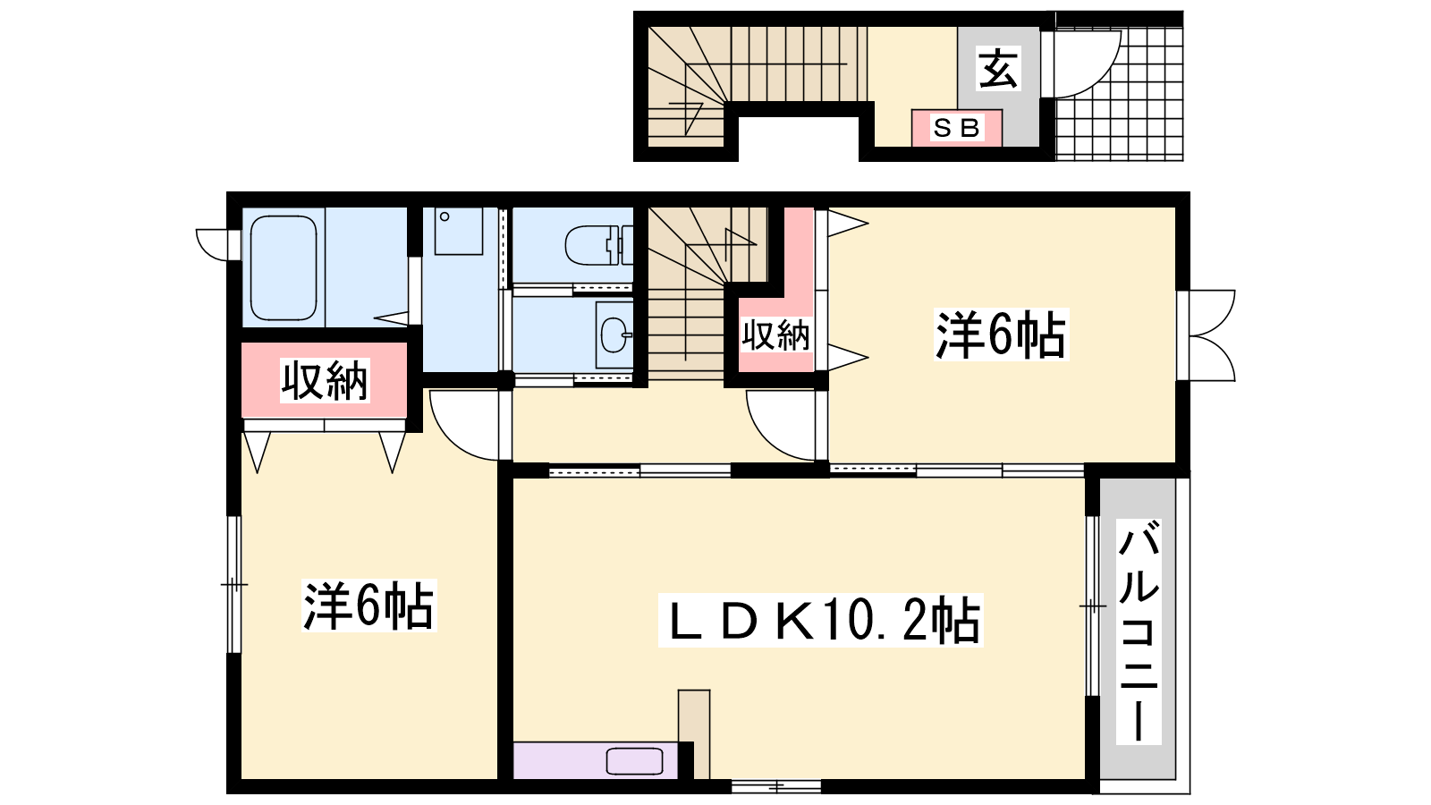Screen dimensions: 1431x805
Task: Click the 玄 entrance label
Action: [998, 68]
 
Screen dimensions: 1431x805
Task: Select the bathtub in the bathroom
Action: [284, 267]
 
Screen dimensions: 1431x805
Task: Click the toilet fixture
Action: [598, 245]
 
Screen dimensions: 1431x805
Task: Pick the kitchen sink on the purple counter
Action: [634, 761]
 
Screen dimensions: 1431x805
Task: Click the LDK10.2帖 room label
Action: [821, 621]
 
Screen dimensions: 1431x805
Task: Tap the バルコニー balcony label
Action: [1139, 631]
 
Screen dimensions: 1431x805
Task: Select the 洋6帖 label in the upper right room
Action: [1001, 335]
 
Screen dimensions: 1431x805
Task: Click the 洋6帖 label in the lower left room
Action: [368, 605]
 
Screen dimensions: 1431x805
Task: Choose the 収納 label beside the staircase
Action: [775, 335]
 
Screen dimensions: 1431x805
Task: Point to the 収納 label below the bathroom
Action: [326, 381]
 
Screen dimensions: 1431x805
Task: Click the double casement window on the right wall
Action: [1207, 335]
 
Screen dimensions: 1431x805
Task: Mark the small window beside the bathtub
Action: [217, 245]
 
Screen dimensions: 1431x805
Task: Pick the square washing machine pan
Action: [459, 231]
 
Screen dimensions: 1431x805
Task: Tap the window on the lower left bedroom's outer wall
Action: [234, 585]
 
